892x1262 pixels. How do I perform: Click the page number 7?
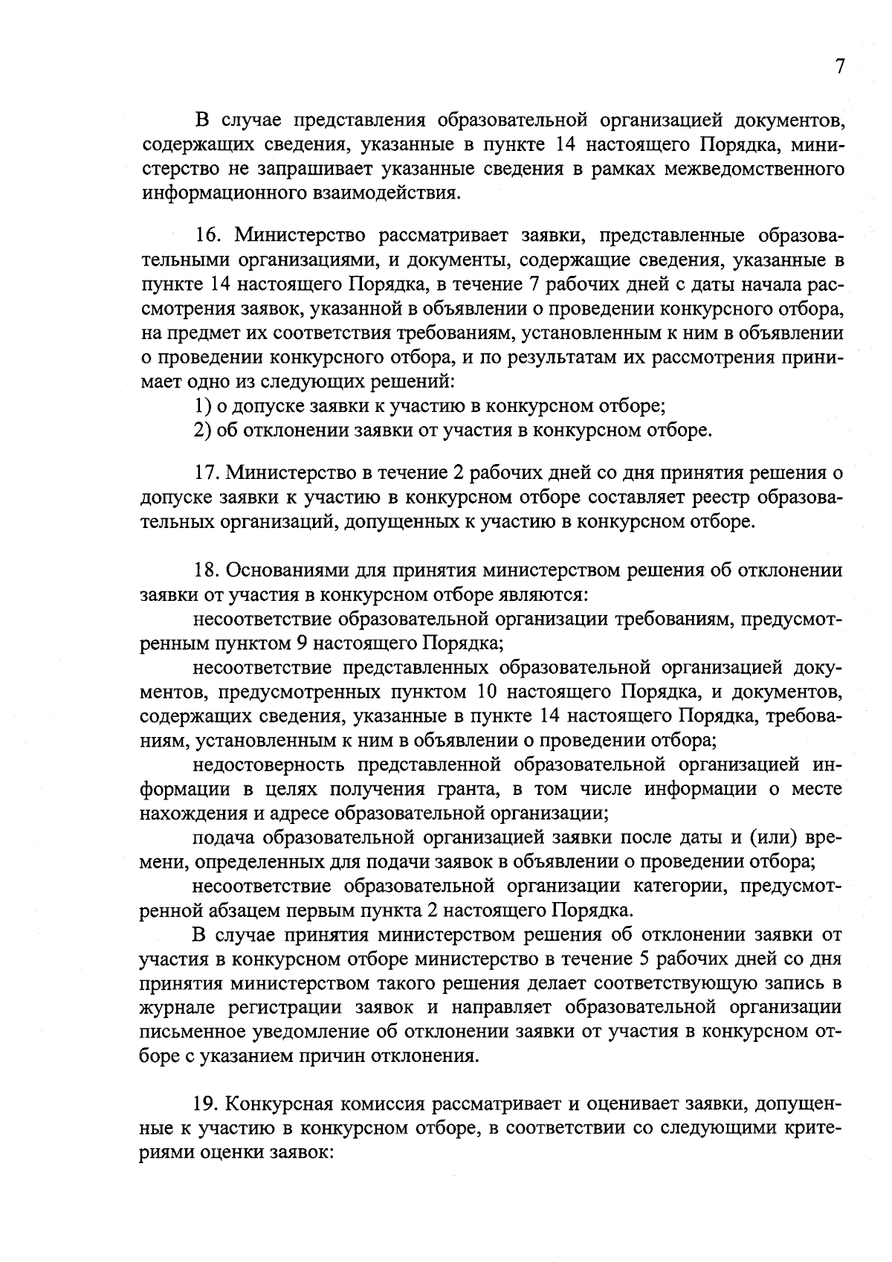click(840, 67)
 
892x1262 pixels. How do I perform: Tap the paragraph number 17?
click(208, 473)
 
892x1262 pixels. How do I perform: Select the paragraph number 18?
click(208, 570)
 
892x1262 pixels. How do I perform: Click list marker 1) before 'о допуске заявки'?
click(200, 406)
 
